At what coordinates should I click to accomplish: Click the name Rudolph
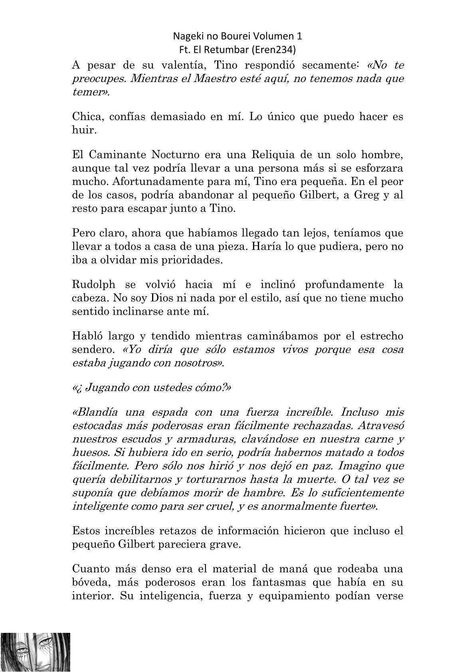[93, 285]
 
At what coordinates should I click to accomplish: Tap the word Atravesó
[381, 426]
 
